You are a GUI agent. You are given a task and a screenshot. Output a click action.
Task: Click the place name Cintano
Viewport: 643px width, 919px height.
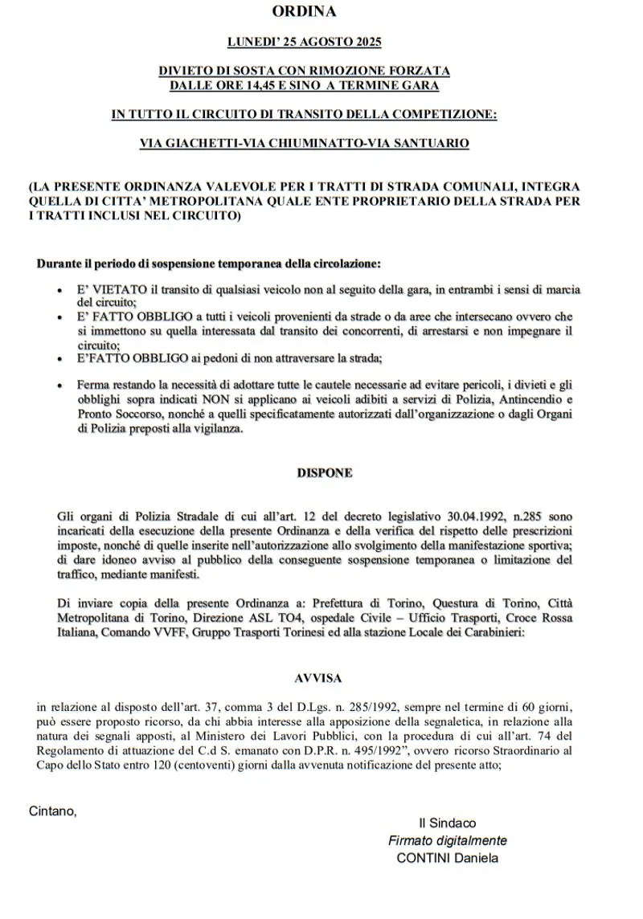(x=52, y=810)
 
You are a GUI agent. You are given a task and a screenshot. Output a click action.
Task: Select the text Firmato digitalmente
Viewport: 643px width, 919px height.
(x=447, y=840)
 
